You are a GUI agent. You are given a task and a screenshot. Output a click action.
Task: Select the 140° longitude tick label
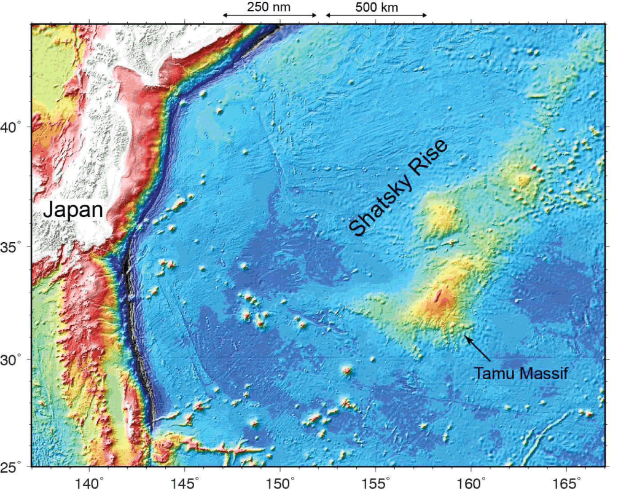[x=88, y=483]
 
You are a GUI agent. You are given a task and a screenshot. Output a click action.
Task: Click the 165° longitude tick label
[x=566, y=483]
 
